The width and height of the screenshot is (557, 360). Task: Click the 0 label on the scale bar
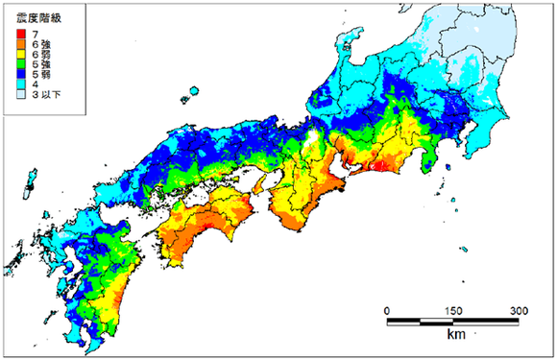386,310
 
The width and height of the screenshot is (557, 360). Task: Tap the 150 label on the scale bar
452,310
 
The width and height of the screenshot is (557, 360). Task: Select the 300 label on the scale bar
519,310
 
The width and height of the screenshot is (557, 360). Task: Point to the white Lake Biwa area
310,140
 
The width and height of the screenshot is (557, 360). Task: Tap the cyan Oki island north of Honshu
193,93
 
